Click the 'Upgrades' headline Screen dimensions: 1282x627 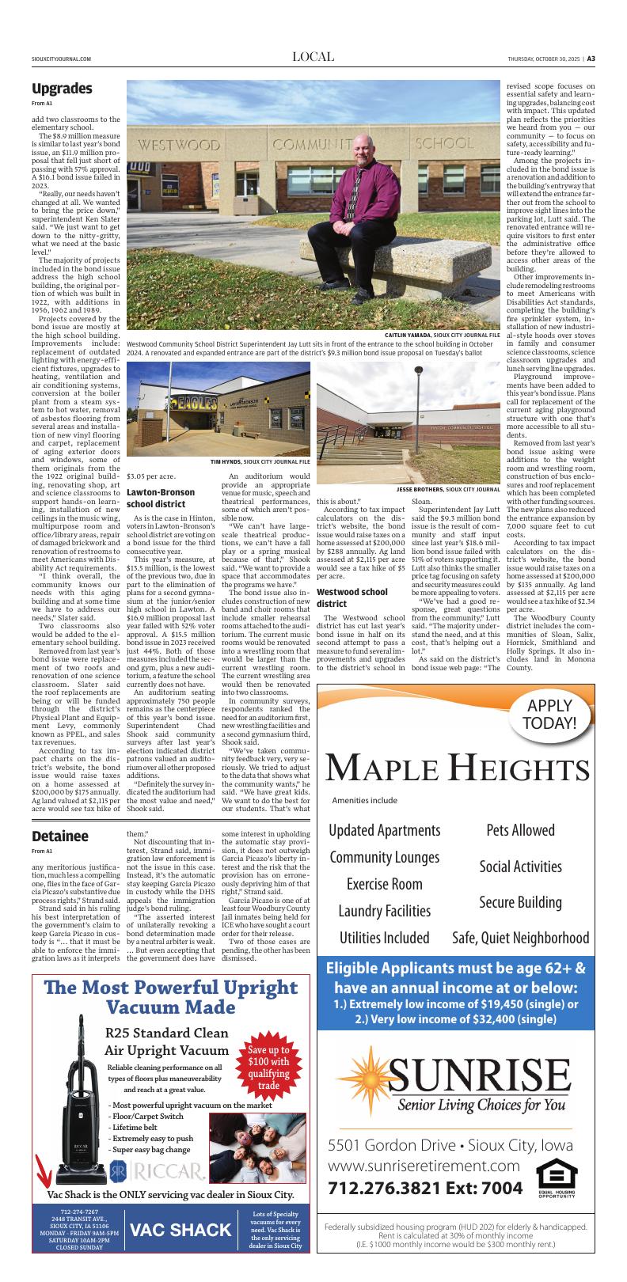pyautogui.click(x=63, y=88)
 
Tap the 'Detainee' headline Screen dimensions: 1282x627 pyautogui.click(x=60, y=836)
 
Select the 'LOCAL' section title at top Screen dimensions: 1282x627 pyautogui.click(x=313, y=57)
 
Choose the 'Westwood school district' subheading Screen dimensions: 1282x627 pyautogui.click(x=351, y=597)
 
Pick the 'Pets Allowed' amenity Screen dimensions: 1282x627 pyautogui.click(x=520, y=830)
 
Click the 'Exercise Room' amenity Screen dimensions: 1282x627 pyautogui.click(x=385, y=883)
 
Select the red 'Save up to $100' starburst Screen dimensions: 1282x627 pyautogui.click(x=268, y=1068)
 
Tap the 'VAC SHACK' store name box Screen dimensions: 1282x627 pyautogui.click(x=181, y=1229)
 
